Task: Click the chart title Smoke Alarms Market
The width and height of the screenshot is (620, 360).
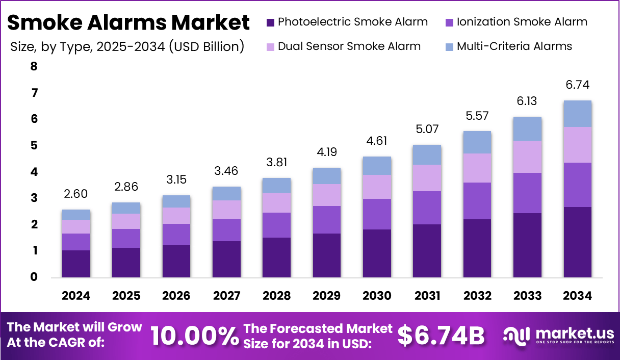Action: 128,23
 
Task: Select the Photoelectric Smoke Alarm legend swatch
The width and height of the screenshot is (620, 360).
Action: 270,22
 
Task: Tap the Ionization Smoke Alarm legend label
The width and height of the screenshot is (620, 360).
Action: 522,22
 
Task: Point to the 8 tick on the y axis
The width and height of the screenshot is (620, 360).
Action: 34,66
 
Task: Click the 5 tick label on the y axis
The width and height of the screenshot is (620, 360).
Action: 34,146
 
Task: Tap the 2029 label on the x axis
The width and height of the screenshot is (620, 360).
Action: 326,296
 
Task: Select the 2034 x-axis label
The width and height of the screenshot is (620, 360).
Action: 578,296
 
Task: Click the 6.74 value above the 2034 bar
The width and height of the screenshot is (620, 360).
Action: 578,85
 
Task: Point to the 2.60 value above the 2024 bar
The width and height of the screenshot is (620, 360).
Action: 76,194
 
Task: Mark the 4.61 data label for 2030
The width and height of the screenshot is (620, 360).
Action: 377,141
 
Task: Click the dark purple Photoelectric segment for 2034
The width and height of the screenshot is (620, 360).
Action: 578,242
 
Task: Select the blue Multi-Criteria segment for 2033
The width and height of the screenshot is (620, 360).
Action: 527,129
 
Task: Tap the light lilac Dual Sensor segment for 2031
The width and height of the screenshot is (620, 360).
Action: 427,178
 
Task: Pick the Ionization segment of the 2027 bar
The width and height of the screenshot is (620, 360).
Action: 226,230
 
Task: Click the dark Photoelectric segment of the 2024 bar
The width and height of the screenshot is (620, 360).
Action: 76,264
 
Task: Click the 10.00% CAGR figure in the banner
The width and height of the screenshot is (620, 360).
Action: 195,336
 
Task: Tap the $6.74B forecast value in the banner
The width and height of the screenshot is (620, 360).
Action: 441,336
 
